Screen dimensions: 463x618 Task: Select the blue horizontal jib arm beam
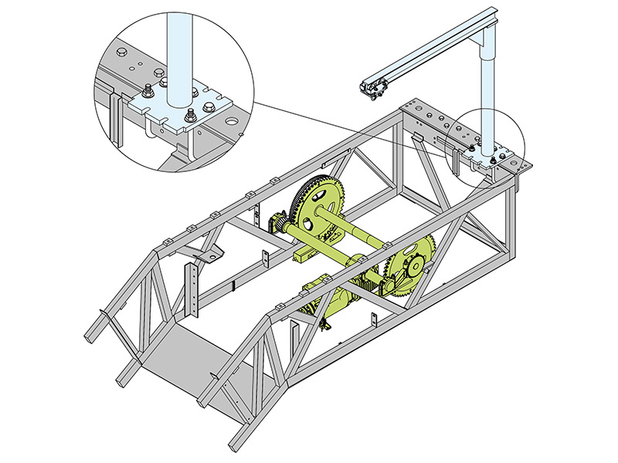(x=433, y=54)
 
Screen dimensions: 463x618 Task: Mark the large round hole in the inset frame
(x=232, y=121)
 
